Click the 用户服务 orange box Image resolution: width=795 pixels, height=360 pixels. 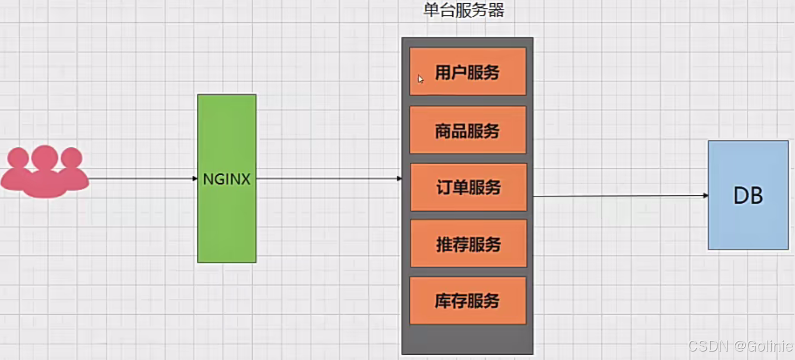(x=467, y=71)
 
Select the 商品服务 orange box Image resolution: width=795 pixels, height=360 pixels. (x=467, y=130)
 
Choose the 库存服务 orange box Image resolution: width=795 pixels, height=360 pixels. (x=467, y=300)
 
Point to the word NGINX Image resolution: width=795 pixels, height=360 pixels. (x=226, y=179)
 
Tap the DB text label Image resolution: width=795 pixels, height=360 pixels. (x=748, y=196)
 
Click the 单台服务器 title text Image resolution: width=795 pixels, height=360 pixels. (x=464, y=11)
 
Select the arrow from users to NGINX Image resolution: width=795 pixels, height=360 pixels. (x=142, y=178)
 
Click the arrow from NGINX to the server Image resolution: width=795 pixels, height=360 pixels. (x=327, y=178)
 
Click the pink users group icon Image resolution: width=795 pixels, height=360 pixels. (x=44, y=172)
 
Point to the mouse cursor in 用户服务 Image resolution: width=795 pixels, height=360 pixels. (x=420, y=79)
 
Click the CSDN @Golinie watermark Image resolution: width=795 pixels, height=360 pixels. (x=740, y=346)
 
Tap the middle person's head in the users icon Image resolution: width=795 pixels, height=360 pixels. (x=44, y=157)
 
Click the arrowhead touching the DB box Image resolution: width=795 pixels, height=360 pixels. (x=705, y=195)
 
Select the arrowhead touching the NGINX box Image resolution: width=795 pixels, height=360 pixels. (x=195, y=178)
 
